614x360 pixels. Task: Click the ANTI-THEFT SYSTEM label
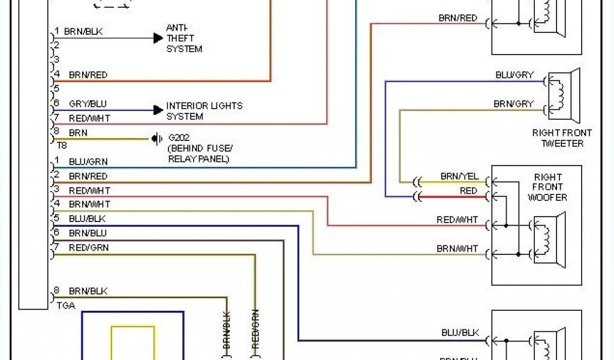click(184, 38)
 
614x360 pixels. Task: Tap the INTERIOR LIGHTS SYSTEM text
click(204, 111)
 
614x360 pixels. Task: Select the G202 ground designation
click(177, 137)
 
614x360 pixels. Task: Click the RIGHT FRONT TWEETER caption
click(562, 138)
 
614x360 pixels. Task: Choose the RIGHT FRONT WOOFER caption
click(547, 187)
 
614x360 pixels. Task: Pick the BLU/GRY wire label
click(514, 75)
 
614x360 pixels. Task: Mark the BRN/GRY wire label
click(513, 104)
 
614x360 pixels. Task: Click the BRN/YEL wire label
click(459, 176)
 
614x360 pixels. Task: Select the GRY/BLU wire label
click(88, 104)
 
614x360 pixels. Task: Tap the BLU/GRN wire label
click(88, 161)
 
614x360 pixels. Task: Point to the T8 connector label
click(62, 145)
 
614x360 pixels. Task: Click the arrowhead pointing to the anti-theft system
click(158, 38)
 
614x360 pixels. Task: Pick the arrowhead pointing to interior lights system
click(158, 110)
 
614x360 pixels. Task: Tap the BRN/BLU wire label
click(88, 233)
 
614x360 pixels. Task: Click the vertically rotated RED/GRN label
click(255, 329)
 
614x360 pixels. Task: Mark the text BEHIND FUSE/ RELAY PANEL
click(200, 154)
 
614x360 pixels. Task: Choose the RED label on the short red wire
click(468, 191)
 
